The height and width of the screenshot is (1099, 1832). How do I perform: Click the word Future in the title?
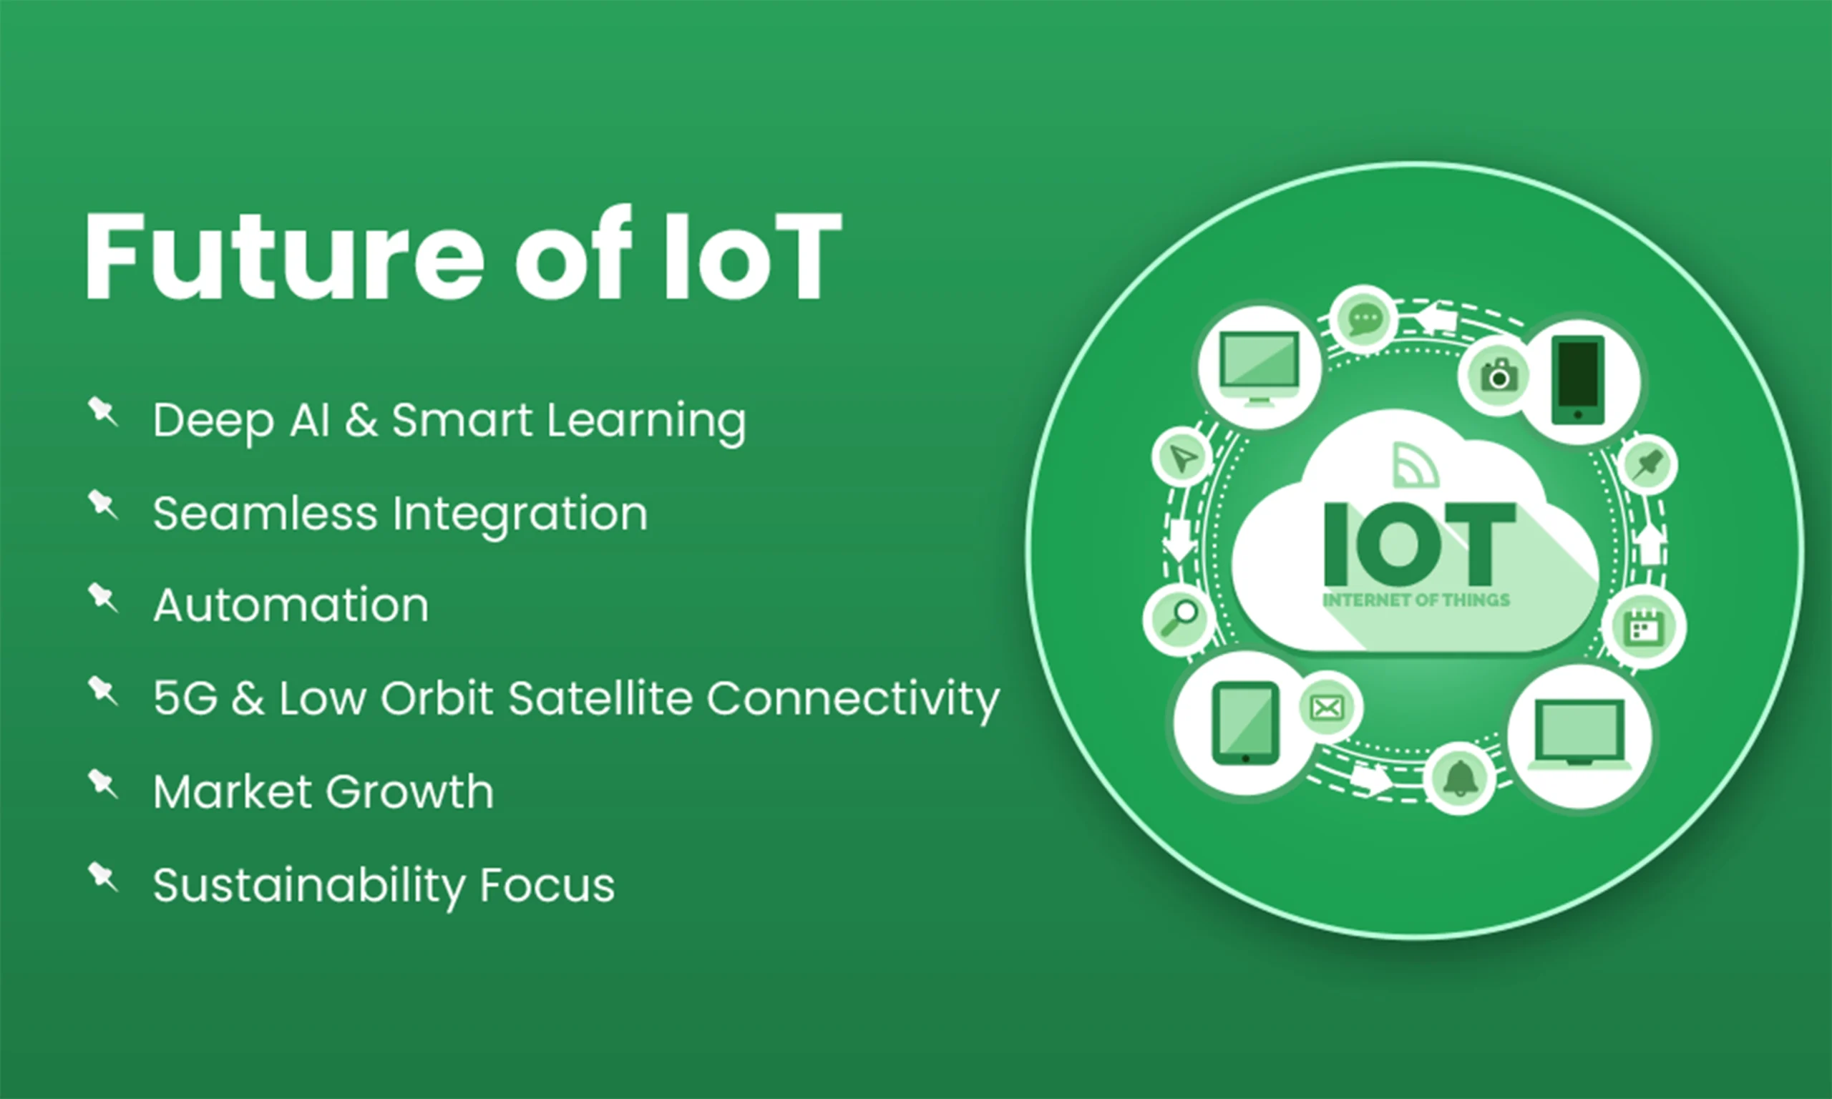click(284, 256)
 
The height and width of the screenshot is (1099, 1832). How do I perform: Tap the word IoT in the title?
click(752, 256)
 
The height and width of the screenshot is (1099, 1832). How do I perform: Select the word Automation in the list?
click(291, 606)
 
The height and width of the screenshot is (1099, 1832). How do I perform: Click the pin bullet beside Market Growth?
click(103, 783)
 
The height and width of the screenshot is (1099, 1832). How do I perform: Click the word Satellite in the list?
click(600, 698)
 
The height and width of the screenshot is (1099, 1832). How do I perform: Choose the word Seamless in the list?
click(264, 513)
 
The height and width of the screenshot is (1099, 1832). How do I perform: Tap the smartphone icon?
click(1578, 381)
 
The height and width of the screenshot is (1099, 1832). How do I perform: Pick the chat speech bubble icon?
click(1364, 319)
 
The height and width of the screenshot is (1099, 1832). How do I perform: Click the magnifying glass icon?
click(1179, 618)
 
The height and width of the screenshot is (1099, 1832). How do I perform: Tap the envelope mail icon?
click(1326, 708)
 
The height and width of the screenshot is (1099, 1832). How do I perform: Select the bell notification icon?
click(1460, 779)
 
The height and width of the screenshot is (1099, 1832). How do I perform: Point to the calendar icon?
click(1644, 627)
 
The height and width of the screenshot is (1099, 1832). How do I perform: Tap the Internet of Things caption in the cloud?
click(1416, 600)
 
